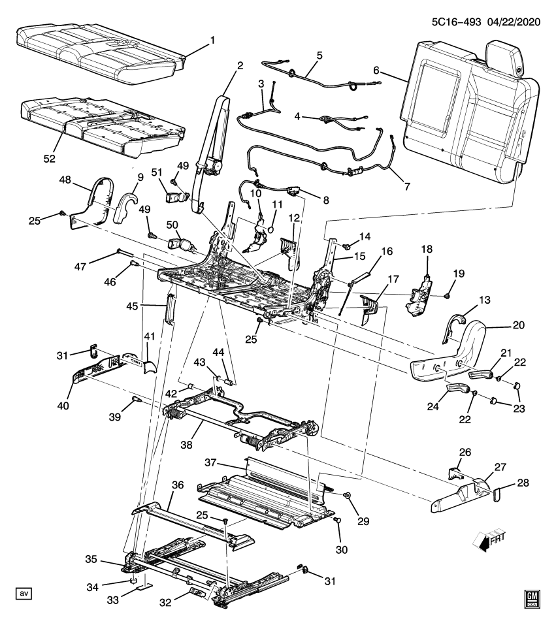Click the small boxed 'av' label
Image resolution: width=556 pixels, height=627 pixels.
(x=24, y=593)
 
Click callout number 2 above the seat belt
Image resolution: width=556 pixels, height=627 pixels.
(x=240, y=65)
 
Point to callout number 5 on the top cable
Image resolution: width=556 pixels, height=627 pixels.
(x=319, y=55)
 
